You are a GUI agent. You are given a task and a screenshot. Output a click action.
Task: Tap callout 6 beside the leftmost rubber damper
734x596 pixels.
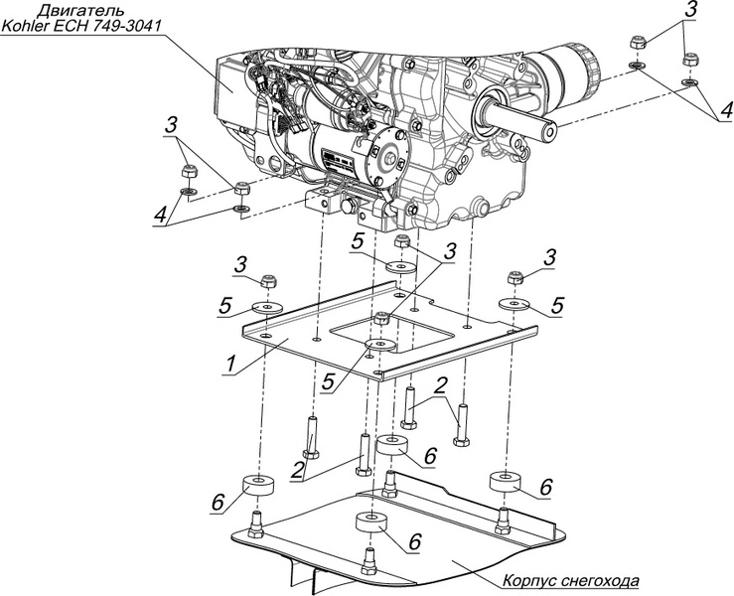click(217, 504)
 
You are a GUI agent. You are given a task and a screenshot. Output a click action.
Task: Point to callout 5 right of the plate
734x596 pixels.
click(558, 303)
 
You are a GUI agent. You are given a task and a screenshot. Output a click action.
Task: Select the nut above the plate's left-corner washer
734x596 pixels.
click(267, 282)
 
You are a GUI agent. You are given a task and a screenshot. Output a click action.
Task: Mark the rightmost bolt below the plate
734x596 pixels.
click(458, 425)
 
